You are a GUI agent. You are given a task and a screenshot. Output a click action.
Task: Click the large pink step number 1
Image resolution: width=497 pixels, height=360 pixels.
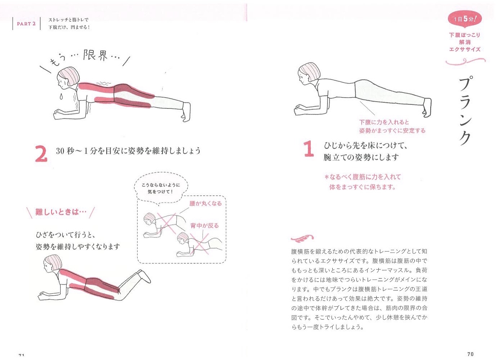pos(309,149)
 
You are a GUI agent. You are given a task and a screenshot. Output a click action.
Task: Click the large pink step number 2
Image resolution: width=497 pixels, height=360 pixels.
pos(41,154)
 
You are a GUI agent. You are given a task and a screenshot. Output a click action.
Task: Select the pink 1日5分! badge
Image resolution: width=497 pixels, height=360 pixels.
pos(465,19)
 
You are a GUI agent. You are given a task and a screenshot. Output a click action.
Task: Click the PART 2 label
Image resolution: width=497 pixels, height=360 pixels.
pos(26,24)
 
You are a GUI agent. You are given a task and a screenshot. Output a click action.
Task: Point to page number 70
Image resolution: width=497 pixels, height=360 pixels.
pos(470,354)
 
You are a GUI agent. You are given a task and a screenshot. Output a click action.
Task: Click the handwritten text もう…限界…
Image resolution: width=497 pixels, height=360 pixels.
pos(85,58)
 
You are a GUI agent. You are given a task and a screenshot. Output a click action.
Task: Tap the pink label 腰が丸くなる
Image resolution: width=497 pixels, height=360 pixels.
pos(205,204)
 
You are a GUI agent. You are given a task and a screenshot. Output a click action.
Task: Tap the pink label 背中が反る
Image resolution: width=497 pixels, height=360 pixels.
pos(204,226)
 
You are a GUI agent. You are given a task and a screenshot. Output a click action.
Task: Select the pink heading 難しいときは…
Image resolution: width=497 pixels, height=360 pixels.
pos(61,212)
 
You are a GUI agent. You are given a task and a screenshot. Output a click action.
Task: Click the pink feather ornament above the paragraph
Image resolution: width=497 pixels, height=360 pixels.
pos(302,239)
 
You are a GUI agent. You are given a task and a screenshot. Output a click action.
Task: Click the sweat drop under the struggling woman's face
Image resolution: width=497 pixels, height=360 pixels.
pos(61,97)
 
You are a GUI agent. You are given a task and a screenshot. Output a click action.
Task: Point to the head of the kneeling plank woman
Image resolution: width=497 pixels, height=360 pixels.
pos(52,264)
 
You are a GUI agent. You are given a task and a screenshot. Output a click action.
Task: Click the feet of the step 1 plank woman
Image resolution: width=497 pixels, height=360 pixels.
pos(427,107)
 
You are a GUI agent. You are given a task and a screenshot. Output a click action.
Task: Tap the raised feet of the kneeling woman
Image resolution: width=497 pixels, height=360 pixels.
pos(144,276)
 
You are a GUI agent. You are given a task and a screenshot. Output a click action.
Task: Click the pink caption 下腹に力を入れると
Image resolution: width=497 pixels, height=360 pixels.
pos(384,122)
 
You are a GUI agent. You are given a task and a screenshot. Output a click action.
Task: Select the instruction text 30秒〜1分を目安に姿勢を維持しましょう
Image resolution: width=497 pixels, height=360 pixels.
pos(128,151)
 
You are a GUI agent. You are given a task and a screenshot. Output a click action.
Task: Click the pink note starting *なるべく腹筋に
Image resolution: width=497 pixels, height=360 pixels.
pos(362,182)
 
